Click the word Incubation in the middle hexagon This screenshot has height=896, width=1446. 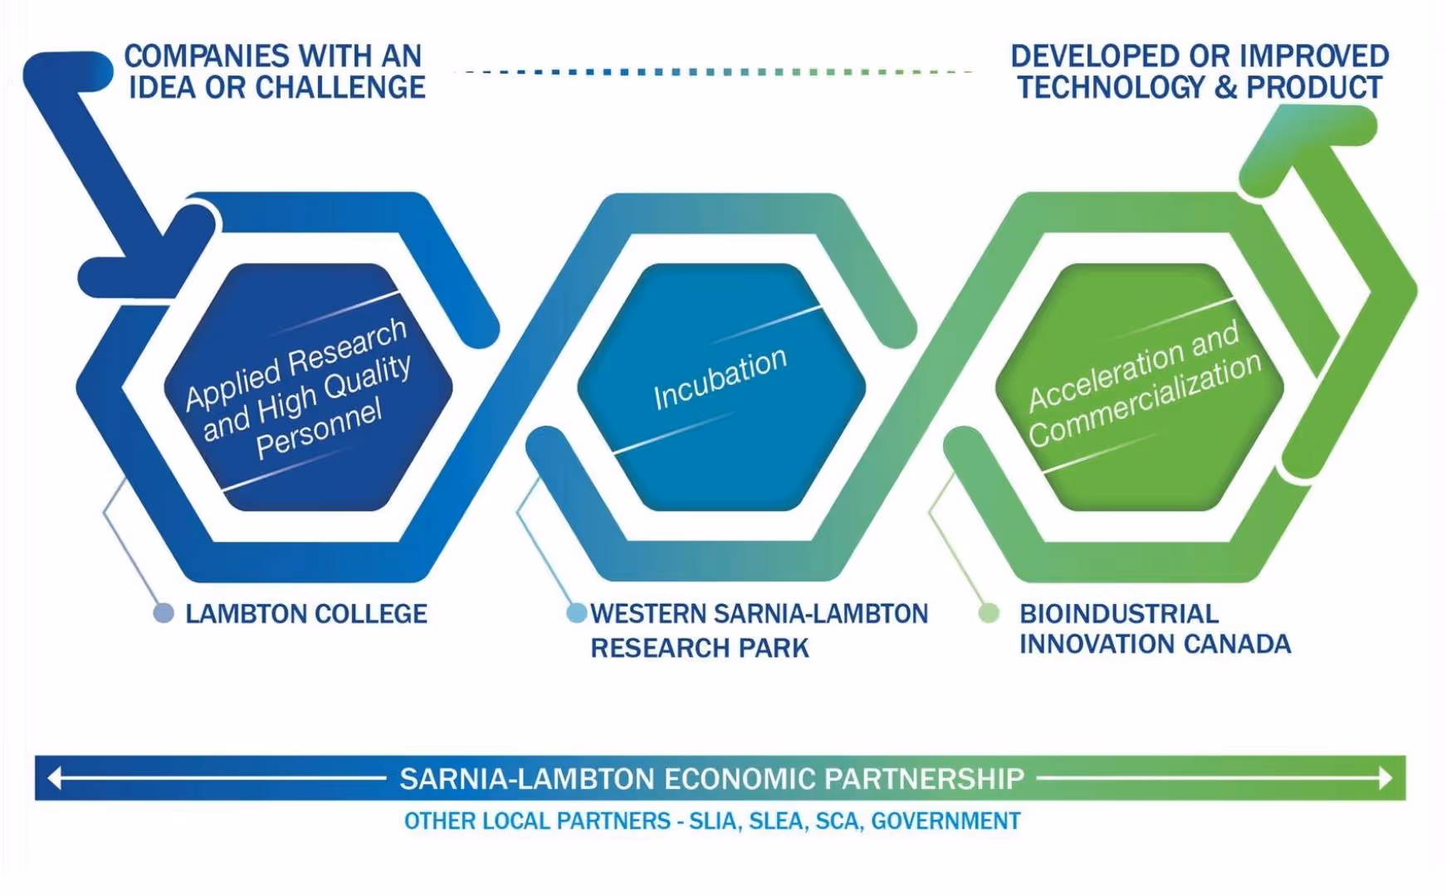pyautogui.click(x=720, y=378)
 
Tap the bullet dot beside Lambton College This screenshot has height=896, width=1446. pyautogui.click(x=164, y=613)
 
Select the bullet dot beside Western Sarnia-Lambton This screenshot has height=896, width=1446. pyautogui.click(x=576, y=613)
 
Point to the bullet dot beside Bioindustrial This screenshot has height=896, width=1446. pyautogui.click(x=989, y=613)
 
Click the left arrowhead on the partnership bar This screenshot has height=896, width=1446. pyautogui.click(x=55, y=778)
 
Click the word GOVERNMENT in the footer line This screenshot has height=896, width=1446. pyautogui.click(x=945, y=821)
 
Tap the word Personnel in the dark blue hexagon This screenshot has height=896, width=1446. pyautogui.click(x=320, y=428)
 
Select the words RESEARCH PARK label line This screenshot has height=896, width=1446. pyautogui.click(x=700, y=648)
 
